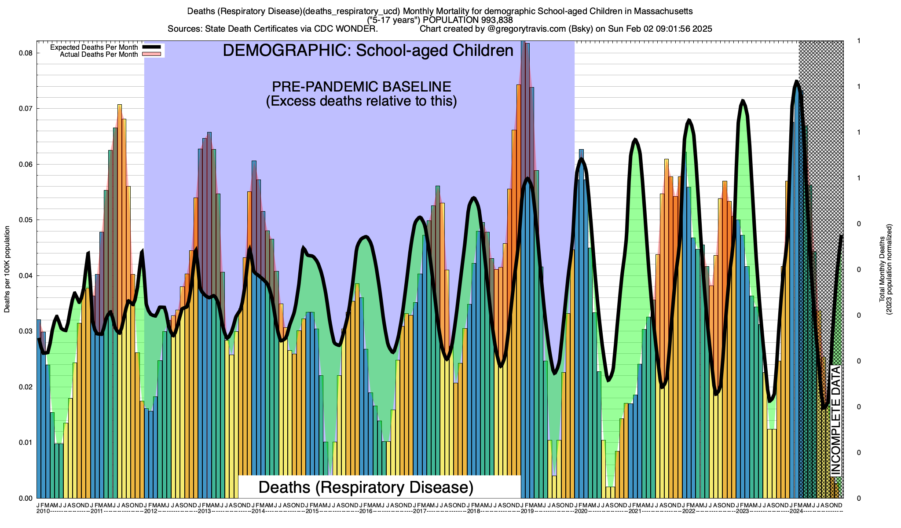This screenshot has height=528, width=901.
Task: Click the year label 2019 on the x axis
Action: point(527,511)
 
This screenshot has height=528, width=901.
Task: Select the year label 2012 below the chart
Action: point(151,511)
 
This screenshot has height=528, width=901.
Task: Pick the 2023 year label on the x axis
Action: point(742,511)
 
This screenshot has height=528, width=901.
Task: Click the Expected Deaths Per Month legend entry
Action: point(94,48)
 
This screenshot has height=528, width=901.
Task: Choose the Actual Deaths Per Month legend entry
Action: point(99,55)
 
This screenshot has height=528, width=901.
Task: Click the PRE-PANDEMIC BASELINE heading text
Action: point(361,86)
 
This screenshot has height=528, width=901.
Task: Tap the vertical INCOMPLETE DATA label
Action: point(835,420)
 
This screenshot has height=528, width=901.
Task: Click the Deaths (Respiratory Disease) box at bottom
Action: point(366,487)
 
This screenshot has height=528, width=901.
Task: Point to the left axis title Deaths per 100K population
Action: point(7,269)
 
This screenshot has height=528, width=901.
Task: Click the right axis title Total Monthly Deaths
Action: point(882,269)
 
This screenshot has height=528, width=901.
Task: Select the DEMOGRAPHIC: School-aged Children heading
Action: point(368,51)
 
